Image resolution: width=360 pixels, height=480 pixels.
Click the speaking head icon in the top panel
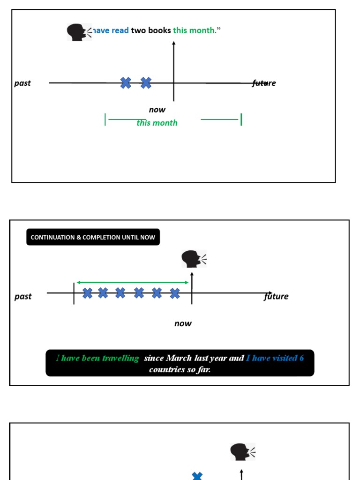[x=78, y=32]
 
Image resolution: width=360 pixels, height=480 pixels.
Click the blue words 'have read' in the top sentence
[x=111, y=30]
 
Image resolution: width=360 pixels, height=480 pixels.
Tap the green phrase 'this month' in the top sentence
[x=194, y=30]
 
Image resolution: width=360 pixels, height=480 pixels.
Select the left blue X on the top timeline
[x=126, y=83]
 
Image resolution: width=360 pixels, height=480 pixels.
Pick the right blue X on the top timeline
[x=146, y=83]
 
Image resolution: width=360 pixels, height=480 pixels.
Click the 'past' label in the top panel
[x=22, y=83]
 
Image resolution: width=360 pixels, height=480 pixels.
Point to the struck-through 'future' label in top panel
[x=264, y=83]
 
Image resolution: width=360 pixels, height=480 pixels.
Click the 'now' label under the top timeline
[x=157, y=110]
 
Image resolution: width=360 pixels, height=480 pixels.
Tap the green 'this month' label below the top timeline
[x=157, y=123]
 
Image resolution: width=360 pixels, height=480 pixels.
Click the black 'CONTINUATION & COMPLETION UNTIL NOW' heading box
[x=93, y=237]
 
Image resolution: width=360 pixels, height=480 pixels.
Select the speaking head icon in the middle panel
[x=194, y=259]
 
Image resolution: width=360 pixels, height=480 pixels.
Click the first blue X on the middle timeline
[x=88, y=293]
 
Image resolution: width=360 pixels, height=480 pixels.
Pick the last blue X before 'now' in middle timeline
[x=175, y=293]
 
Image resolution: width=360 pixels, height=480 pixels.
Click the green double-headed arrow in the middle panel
[x=133, y=282]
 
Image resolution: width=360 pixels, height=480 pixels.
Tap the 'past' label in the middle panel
[x=23, y=296]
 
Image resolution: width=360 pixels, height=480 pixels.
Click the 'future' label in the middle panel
[x=276, y=296]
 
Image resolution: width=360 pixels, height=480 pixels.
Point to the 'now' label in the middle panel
[x=183, y=323]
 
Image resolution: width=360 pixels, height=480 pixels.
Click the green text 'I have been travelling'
[x=97, y=358]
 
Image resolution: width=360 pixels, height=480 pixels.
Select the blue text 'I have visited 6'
[x=275, y=358]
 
